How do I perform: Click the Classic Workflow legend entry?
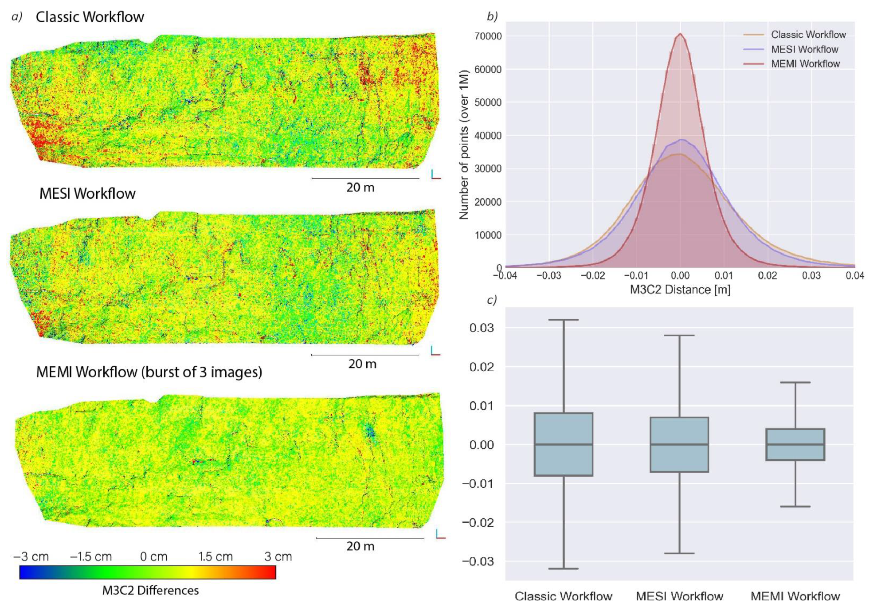(808, 35)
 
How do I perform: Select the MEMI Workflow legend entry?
(805, 64)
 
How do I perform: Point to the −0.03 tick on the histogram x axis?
(549, 275)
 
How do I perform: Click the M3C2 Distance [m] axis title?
(680, 290)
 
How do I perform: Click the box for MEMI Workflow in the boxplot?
(795, 444)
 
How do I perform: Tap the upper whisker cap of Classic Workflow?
(564, 320)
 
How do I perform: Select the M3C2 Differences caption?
(151, 590)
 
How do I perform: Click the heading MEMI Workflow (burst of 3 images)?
(149, 372)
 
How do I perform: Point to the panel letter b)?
(492, 16)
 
